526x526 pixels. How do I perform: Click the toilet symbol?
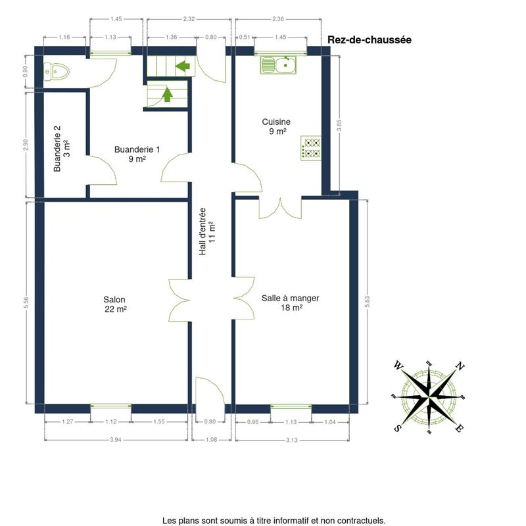tap(57, 72)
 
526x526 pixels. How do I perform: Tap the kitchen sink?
tap(278, 65)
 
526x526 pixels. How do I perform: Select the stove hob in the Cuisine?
tap(311, 148)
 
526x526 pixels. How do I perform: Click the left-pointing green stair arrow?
tap(183, 66)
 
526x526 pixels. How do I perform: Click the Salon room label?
tap(114, 304)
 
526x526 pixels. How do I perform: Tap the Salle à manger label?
tap(291, 302)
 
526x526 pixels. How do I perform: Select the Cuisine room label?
tap(276, 126)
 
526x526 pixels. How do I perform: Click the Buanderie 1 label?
tap(137, 154)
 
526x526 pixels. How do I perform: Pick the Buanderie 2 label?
tap(62, 149)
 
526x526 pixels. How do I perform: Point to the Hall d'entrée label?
tap(207, 231)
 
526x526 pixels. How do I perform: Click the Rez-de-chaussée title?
tap(370, 39)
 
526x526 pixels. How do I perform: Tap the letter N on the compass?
tap(460, 366)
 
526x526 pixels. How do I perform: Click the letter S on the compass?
tap(398, 428)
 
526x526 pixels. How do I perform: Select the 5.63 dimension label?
tap(368, 302)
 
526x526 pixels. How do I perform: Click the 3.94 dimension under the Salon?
tap(116, 439)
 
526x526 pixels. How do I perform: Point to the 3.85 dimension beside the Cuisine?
tap(339, 126)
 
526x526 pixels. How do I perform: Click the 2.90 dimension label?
tap(26, 145)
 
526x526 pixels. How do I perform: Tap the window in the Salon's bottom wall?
tap(110, 406)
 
